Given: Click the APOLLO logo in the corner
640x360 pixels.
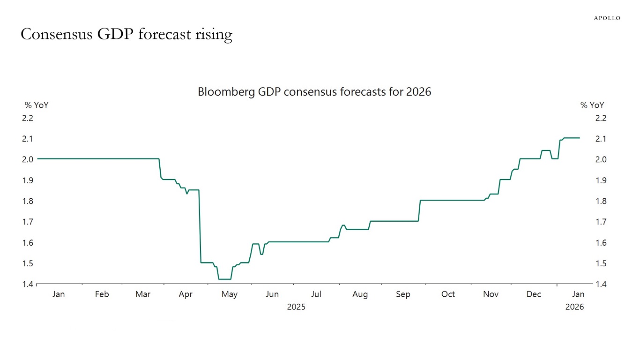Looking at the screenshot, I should (x=607, y=18).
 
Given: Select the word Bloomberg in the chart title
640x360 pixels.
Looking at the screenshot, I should (x=226, y=92).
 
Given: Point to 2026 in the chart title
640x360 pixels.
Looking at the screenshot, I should (x=418, y=92).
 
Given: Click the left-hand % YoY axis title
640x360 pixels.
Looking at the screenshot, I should (x=37, y=105).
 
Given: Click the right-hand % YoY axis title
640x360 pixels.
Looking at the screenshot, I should (x=592, y=105).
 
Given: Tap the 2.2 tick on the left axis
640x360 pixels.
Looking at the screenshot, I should (x=29, y=118).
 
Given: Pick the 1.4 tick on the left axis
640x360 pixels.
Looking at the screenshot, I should (x=29, y=284).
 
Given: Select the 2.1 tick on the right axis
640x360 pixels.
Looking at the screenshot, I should (x=601, y=139).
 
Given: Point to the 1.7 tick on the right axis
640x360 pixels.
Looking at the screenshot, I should (x=601, y=222).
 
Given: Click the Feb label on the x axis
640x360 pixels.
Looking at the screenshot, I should (x=102, y=294).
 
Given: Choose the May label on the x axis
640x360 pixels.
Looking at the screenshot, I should (x=229, y=294).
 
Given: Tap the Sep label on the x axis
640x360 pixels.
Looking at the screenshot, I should (x=403, y=294).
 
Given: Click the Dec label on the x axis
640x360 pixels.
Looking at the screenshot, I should (x=534, y=294).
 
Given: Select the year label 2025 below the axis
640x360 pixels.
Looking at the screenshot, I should (x=296, y=307).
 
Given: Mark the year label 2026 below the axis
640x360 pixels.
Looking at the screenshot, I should (x=574, y=307).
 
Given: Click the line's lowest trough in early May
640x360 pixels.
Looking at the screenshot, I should (x=224, y=279).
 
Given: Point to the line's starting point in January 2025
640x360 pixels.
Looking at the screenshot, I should (x=37, y=159).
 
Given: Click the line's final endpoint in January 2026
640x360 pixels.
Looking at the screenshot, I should (x=580, y=138).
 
